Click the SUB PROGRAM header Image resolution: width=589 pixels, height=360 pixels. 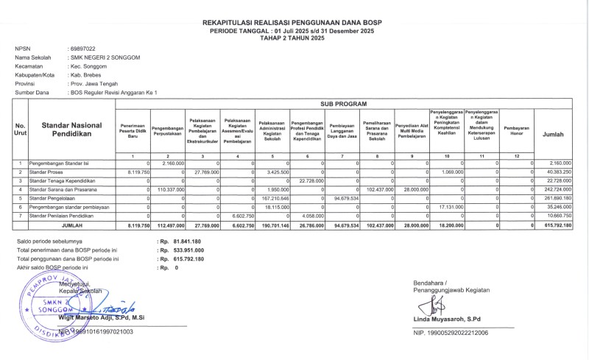click(343, 105)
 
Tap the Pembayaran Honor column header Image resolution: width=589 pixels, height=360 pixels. click(516, 131)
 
